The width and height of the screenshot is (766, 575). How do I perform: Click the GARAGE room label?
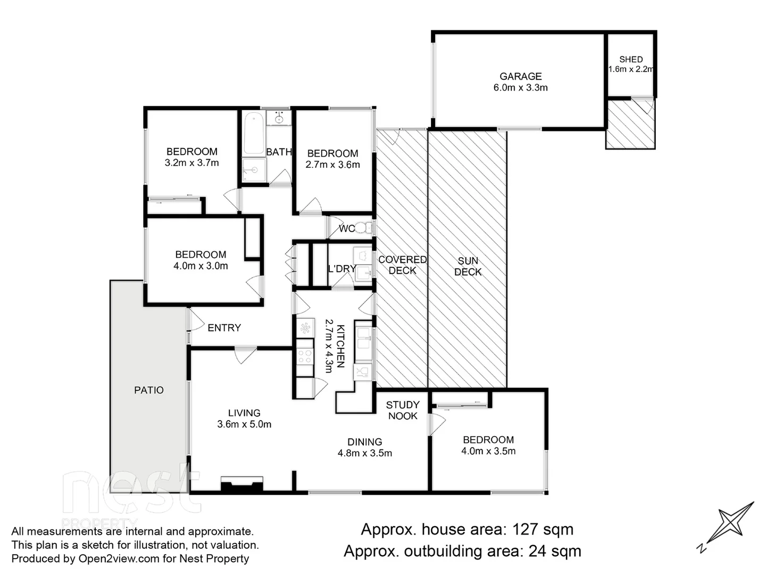[x=520, y=77]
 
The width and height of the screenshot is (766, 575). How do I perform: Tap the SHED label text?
[x=631, y=60]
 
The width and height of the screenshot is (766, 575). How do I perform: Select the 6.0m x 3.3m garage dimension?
[x=520, y=88]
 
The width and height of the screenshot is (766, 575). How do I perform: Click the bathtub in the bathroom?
[x=254, y=133]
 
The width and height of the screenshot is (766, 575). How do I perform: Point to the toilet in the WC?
[x=362, y=228]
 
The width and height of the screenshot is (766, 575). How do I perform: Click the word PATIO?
[x=149, y=390]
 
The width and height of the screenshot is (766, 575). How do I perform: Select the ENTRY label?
[x=224, y=328]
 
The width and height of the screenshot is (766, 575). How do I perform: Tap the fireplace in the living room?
[x=242, y=485]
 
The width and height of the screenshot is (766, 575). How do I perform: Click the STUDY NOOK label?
[x=403, y=410]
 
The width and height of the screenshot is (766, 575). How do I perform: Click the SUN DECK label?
[x=468, y=266]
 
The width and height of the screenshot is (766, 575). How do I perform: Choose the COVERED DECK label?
[x=402, y=265]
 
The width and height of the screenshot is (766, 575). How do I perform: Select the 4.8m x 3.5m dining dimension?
[x=365, y=454]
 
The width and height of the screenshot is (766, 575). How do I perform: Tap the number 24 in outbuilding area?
[x=537, y=551]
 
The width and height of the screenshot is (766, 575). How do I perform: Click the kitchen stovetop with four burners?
[x=305, y=356]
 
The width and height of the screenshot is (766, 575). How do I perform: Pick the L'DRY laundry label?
[x=342, y=269]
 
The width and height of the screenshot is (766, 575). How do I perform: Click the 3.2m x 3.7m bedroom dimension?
[x=191, y=163]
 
